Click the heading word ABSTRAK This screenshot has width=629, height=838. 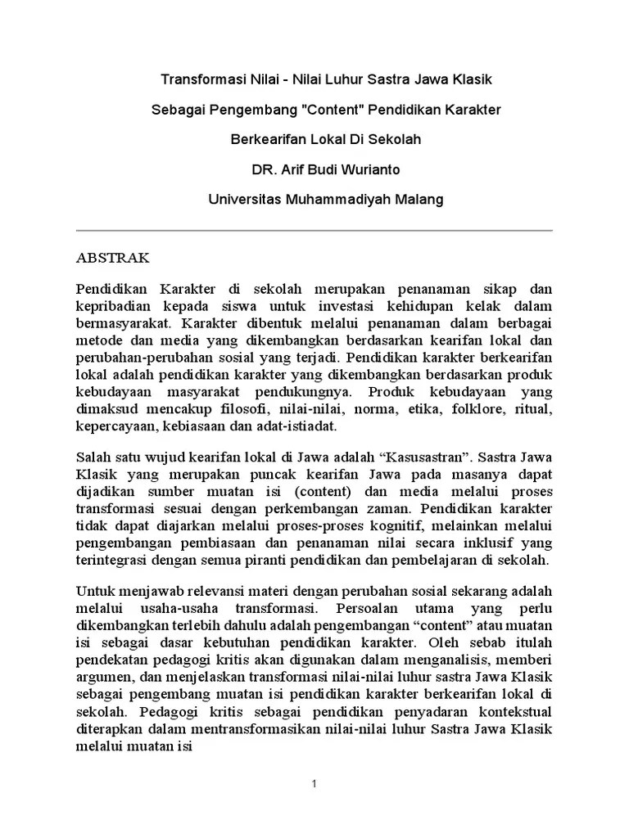tap(113, 258)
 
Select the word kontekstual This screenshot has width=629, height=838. tap(516, 710)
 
